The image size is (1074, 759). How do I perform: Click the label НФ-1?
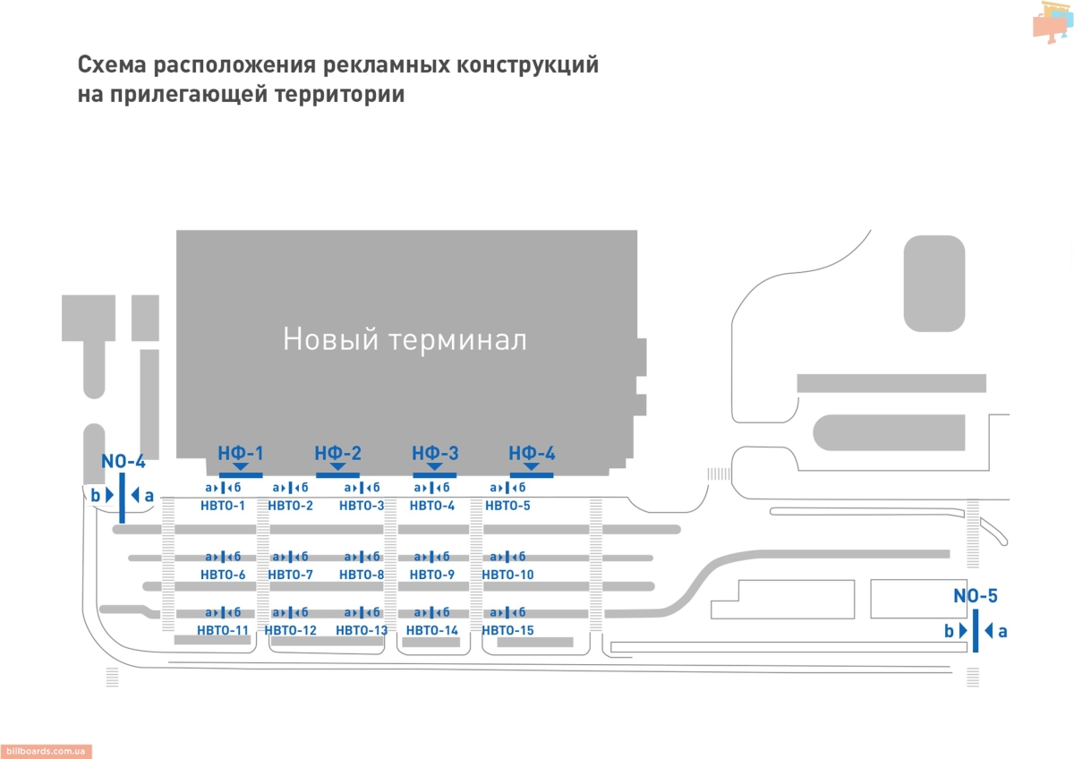pos(241,453)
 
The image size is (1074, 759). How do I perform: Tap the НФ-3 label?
pos(435,453)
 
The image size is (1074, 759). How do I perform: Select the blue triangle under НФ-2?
pos(337,465)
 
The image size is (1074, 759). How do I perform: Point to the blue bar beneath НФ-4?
pos(532,474)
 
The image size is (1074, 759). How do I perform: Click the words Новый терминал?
pos(405,340)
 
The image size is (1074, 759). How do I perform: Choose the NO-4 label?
pos(124,462)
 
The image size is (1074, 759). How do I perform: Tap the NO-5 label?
pos(975,596)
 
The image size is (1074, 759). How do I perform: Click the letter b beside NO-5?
pos(949,631)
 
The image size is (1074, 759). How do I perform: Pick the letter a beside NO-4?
pos(149,495)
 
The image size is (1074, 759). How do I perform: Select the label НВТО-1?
pos(223,507)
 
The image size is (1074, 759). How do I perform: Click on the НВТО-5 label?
pos(507,507)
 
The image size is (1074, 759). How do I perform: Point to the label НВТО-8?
pos(362,575)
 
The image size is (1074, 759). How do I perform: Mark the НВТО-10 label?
pos(507,575)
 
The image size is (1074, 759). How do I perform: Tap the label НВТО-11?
pos(223,630)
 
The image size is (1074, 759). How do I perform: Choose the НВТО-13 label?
pos(362,630)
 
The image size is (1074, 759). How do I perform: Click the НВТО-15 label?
pos(507,630)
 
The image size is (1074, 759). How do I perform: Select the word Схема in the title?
pos(112,66)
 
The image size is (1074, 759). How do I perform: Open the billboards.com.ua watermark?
pos(46,752)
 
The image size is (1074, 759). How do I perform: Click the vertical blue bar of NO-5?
pos(975,630)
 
